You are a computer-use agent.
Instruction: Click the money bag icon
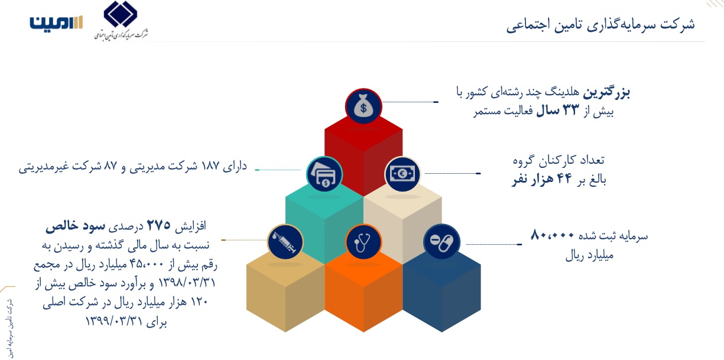pos(363,106)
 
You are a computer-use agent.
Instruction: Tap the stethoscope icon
pos(363,242)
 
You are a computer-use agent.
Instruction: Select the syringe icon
pos(285,242)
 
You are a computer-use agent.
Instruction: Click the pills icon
pos(441,242)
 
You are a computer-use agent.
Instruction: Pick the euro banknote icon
pos(402,174)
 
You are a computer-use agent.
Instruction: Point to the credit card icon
pos(324,174)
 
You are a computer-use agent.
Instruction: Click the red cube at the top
pos(363,155)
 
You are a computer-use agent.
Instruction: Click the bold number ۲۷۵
pos(159,225)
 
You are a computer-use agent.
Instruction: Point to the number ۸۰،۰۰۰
pos(553,236)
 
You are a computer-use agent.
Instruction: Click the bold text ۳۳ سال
pos(557,111)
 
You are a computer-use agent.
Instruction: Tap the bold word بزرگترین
pos(606,93)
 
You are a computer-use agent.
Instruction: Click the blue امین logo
pos(56,22)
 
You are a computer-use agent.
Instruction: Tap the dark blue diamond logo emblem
pos(120,14)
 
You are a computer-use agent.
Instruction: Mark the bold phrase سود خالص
pos(75,226)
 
